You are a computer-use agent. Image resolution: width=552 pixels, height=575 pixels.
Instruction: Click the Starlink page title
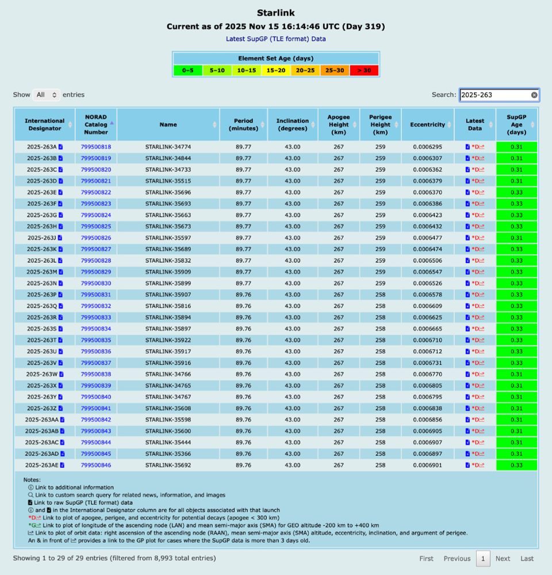tap(276, 13)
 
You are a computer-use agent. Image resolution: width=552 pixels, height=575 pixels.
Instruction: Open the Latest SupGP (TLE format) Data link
tap(276, 39)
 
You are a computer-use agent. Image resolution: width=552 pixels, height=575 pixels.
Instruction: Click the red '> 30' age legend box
tap(364, 70)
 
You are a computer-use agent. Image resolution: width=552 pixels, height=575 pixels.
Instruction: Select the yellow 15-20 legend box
tap(276, 70)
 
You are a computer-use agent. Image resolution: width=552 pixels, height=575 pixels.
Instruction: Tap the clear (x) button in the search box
tap(534, 95)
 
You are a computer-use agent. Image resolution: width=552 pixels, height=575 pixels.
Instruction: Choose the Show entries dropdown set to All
tap(47, 95)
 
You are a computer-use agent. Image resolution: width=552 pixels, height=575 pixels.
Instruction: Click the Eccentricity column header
tap(427, 125)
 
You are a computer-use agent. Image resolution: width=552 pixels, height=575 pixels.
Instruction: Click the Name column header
tap(168, 125)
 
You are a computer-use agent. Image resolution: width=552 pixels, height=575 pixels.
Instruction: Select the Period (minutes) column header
tap(243, 125)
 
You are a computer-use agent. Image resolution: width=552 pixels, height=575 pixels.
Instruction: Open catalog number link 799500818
tap(96, 147)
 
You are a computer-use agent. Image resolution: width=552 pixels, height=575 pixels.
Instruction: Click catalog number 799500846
tap(96, 465)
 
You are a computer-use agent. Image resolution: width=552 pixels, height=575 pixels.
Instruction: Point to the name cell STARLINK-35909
tap(168, 272)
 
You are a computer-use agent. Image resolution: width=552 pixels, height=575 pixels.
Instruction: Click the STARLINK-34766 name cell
tap(168, 374)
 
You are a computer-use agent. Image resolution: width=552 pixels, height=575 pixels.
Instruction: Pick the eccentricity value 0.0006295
tap(427, 147)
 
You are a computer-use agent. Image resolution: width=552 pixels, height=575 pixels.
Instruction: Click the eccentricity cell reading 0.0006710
tap(427, 340)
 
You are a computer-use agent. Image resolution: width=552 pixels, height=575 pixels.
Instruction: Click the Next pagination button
tap(503, 558)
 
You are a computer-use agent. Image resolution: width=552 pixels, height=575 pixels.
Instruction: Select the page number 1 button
tap(483, 558)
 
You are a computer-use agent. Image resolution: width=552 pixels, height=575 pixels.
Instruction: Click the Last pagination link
tap(527, 558)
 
